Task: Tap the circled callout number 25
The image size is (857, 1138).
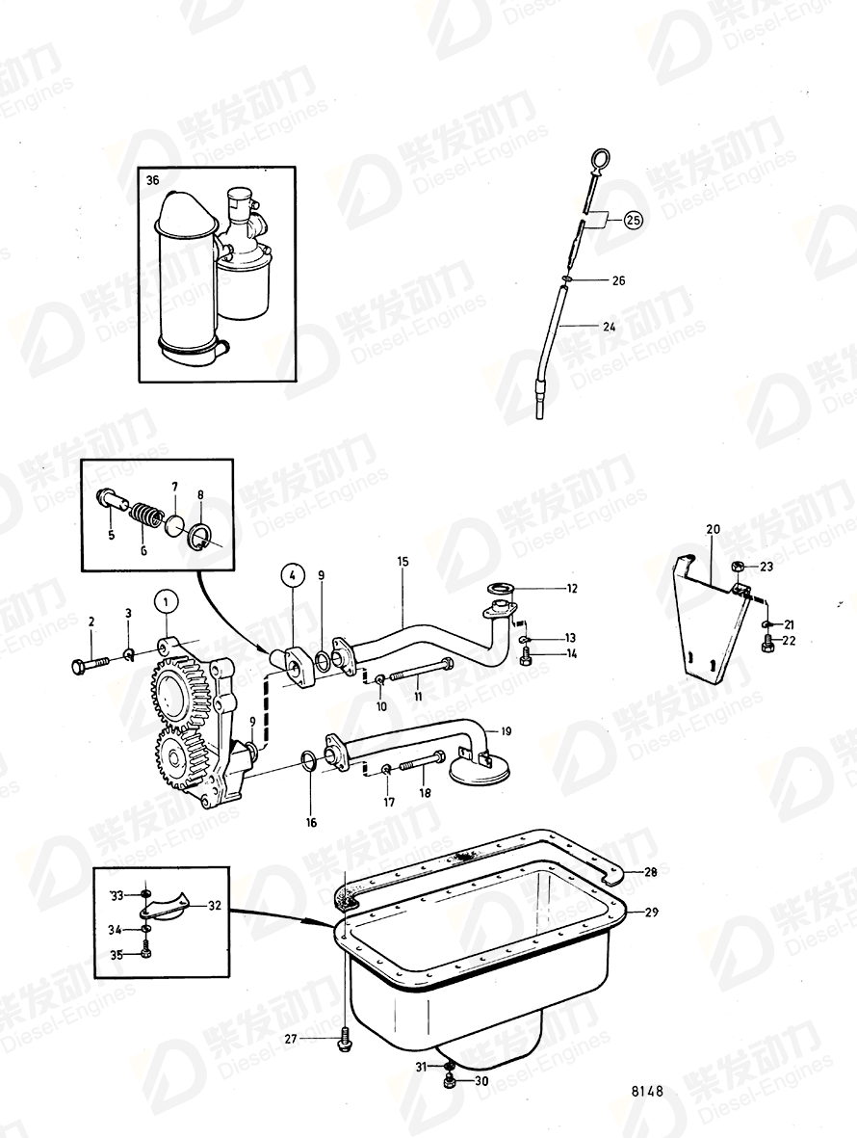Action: click(632, 221)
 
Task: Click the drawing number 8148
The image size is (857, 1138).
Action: click(647, 1092)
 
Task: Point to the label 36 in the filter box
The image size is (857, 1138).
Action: click(153, 181)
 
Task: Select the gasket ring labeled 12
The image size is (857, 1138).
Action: click(502, 588)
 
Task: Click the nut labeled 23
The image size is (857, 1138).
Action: click(738, 566)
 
